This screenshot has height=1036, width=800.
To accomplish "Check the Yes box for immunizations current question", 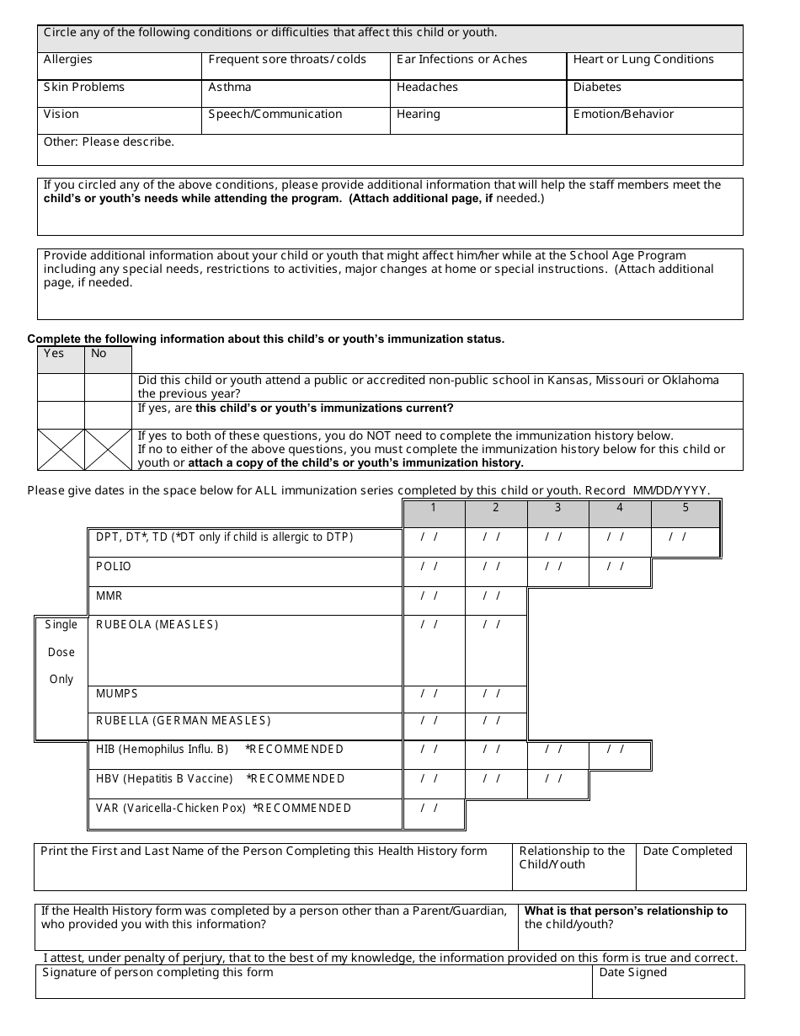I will point(61,414).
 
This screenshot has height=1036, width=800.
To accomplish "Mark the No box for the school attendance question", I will point(108,387).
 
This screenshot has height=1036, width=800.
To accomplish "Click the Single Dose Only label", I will point(61,652).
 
